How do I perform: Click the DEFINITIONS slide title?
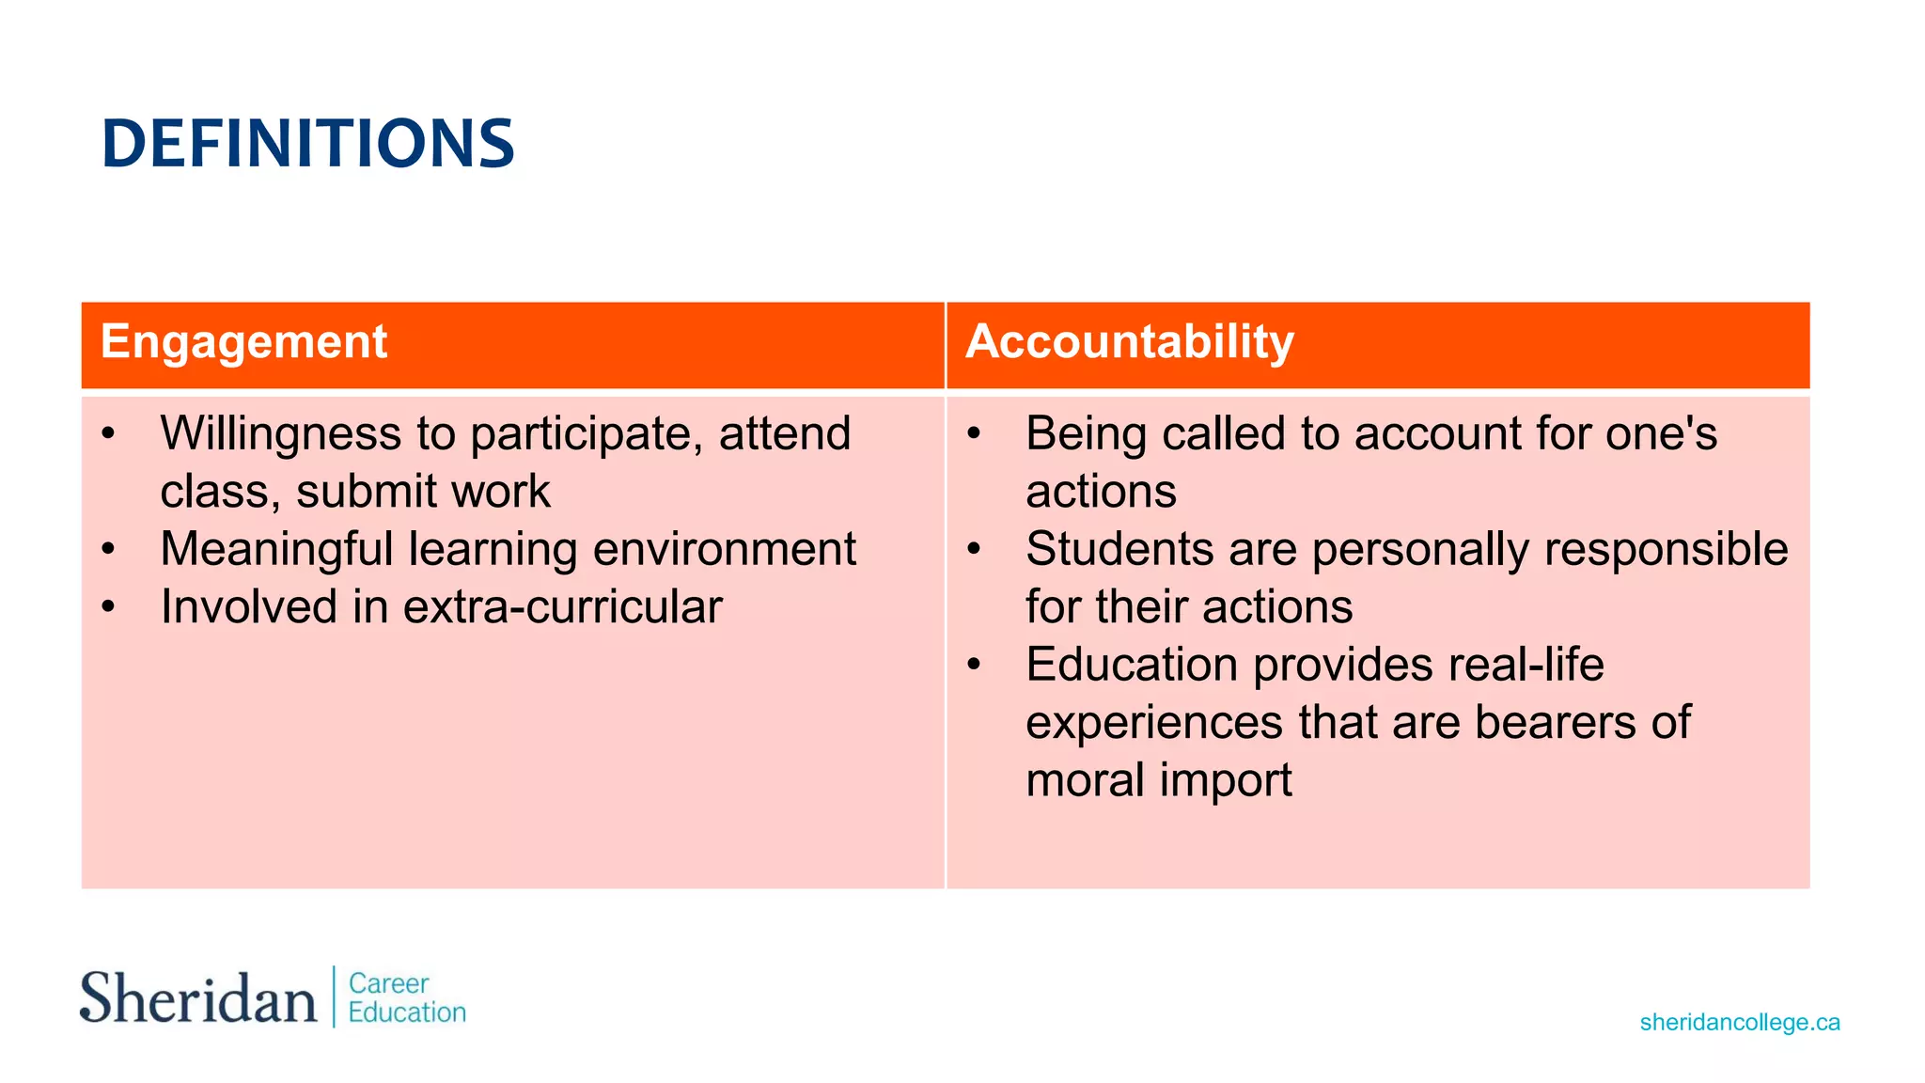[307, 144]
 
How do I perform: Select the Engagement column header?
[243, 341]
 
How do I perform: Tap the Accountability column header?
[1129, 341]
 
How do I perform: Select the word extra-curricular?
[562, 607]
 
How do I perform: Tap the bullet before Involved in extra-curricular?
[108, 607]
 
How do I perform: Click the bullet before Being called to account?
[974, 434]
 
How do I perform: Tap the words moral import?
[1158, 780]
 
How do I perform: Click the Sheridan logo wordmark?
[197, 998]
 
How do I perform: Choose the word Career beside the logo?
[388, 983]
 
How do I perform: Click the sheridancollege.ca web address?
[1739, 1022]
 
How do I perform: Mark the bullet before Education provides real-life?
[974, 665]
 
